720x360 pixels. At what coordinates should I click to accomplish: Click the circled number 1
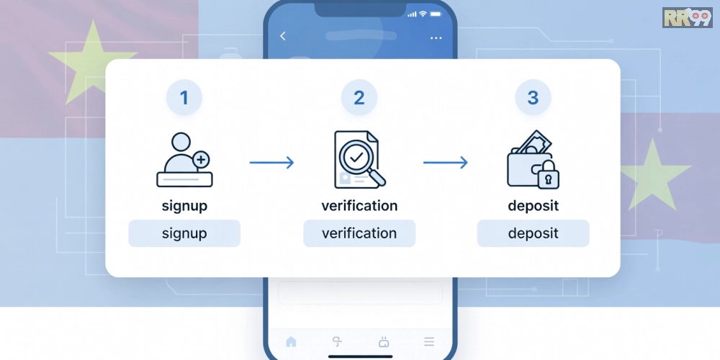click(x=184, y=97)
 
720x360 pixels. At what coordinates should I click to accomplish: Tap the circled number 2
click(x=359, y=97)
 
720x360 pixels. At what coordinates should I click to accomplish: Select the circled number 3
click(x=533, y=97)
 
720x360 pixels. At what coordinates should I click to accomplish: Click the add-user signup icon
click(x=184, y=160)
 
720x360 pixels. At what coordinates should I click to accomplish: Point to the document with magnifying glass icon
click(x=359, y=159)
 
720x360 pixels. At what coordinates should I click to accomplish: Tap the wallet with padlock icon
click(x=533, y=159)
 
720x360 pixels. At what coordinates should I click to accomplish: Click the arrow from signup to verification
click(x=271, y=163)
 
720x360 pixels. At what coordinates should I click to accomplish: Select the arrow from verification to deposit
click(x=446, y=163)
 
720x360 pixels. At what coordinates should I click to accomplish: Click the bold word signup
click(x=184, y=206)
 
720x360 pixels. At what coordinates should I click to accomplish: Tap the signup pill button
click(x=184, y=233)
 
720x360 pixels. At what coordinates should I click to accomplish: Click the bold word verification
click(x=359, y=206)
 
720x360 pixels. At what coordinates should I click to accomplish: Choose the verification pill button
click(x=359, y=233)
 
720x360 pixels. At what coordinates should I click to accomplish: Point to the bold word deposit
click(x=534, y=206)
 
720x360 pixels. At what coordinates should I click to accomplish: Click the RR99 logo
click(x=688, y=17)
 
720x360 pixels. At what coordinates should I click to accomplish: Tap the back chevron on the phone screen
click(x=283, y=36)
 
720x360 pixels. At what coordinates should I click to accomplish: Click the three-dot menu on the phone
click(x=436, y=38)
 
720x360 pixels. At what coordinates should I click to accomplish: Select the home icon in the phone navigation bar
click(x=291, y=341)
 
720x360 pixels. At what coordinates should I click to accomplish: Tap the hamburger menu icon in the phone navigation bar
click(x=429, y=341)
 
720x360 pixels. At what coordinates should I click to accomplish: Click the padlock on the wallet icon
click(x=548, y=174)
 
